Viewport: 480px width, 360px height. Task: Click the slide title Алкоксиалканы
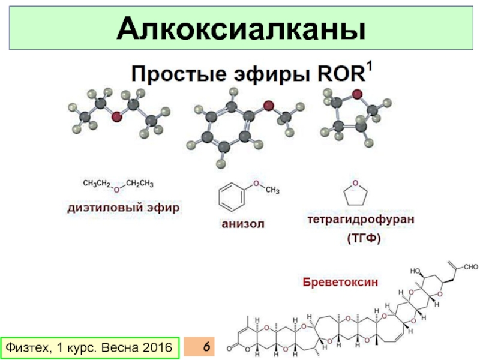pyautogui.click(x=240, y=29)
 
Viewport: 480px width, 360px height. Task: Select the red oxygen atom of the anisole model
pyautogui.click(x=269, y=107)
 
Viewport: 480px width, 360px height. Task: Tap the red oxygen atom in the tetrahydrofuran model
pyautogui.click(x=357, y=94)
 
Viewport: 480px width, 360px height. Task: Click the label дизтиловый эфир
pyautogui.click(x=123, y=208)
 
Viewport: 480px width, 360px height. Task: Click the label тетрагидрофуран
pyautogui.click(x=361, y=220)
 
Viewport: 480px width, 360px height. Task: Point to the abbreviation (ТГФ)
pyautogui.click(x=363, y=239)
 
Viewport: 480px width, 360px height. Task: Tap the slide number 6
pyautogui.click(x=206, y=347)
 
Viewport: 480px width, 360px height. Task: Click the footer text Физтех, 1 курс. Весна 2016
pyautogui.click(x=88, y=347)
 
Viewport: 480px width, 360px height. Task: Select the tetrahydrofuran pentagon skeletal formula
pyautogui.click(x=355, y=194)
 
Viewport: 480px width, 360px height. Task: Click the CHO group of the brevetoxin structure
pyautogui.click(x=470, y=266)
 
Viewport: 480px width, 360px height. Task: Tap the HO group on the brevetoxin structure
pyautogui.click(x=415, y=271)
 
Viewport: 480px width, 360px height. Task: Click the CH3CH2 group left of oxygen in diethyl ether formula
pyautogui.click(x=97, y=183)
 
